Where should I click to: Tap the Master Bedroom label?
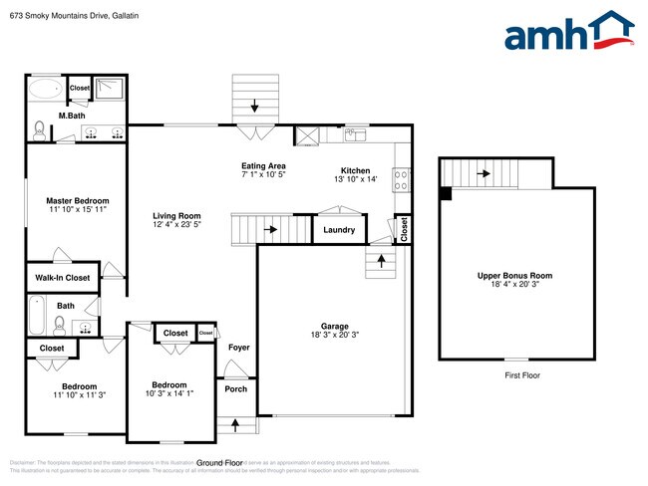(63, 200)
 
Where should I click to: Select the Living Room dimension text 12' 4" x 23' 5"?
(176, 225)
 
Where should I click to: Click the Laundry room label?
(339, 230)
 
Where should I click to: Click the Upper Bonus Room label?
(514, 275)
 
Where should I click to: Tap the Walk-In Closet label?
(63, 278)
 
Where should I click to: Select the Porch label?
(236, 389)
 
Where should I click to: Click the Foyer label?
(239, 348)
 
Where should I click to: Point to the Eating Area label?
(264, 165)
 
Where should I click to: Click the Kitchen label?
(355, 169)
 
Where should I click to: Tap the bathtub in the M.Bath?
(44, 90)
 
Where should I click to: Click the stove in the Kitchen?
(403, 180)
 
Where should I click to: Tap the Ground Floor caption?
(220, 463)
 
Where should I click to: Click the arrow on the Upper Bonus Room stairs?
(484, 173)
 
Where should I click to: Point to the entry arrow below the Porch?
(235, 425)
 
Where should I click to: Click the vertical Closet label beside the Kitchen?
(404, 229)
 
